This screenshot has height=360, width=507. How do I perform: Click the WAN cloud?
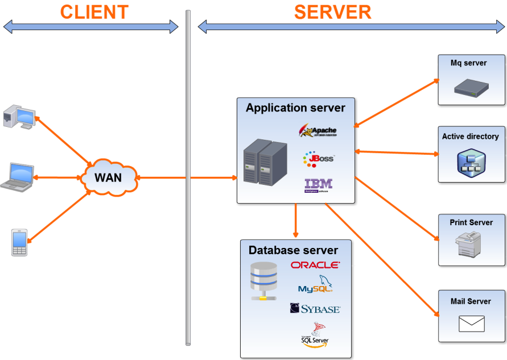click(x=108, y=177)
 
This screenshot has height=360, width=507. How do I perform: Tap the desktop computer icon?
click(x=19, y=117)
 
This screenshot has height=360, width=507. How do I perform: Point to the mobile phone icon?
click(x=19, y=242)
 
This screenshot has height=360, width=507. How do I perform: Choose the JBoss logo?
click(x=319, y=159)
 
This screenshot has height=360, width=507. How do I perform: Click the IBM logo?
click(x=319, y=185)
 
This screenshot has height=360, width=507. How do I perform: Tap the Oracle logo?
click(x=315, y=265)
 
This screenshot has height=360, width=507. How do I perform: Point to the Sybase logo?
click(x=315, y=309)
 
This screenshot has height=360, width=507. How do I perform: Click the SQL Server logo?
click(x=315, y=335)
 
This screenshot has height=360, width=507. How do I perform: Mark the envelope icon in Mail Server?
click(x=471, y=324)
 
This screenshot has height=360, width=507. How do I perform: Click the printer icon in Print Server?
click(x=470, y=245)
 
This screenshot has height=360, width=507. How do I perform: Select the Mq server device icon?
click(x=471, y=87)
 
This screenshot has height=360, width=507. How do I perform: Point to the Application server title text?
click(x=295, y=107)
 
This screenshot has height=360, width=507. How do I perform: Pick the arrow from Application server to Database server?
click(x=295, y=221)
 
